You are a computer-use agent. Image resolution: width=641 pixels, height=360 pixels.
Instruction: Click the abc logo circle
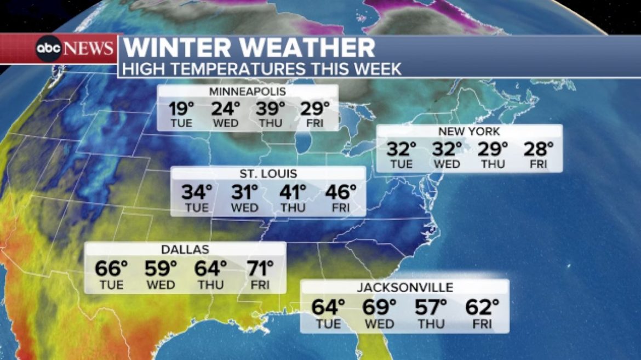point(49,49)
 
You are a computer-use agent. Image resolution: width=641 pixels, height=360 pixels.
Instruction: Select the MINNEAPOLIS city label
point(247,92)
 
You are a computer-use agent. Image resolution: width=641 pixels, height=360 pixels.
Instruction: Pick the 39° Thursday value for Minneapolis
point(271,108)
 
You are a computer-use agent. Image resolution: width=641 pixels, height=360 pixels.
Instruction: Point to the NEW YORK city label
point(468,132)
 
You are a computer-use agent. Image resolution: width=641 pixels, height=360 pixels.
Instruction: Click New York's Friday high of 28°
point(539,148)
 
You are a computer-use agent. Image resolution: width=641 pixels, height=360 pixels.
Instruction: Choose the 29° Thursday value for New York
point(493,148)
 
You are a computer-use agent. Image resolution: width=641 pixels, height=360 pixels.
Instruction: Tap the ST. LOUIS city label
point(268,174)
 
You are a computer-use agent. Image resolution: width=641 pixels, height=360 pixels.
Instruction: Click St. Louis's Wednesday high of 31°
point(244,192)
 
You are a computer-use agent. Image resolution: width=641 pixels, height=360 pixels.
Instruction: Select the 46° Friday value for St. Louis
point(341,192)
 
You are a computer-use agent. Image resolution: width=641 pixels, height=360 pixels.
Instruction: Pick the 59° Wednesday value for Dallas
point(161,268)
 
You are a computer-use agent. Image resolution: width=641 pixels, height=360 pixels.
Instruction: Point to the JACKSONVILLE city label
point(405,287)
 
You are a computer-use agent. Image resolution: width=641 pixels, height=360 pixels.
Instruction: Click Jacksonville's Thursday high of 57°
point(431,307)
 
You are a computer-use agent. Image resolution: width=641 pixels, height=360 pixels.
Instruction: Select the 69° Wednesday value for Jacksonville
point(379,307)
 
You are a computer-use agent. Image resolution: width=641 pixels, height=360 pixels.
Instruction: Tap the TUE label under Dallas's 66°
point(111,285)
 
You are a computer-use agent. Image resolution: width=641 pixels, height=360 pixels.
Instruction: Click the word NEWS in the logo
point(89,49)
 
